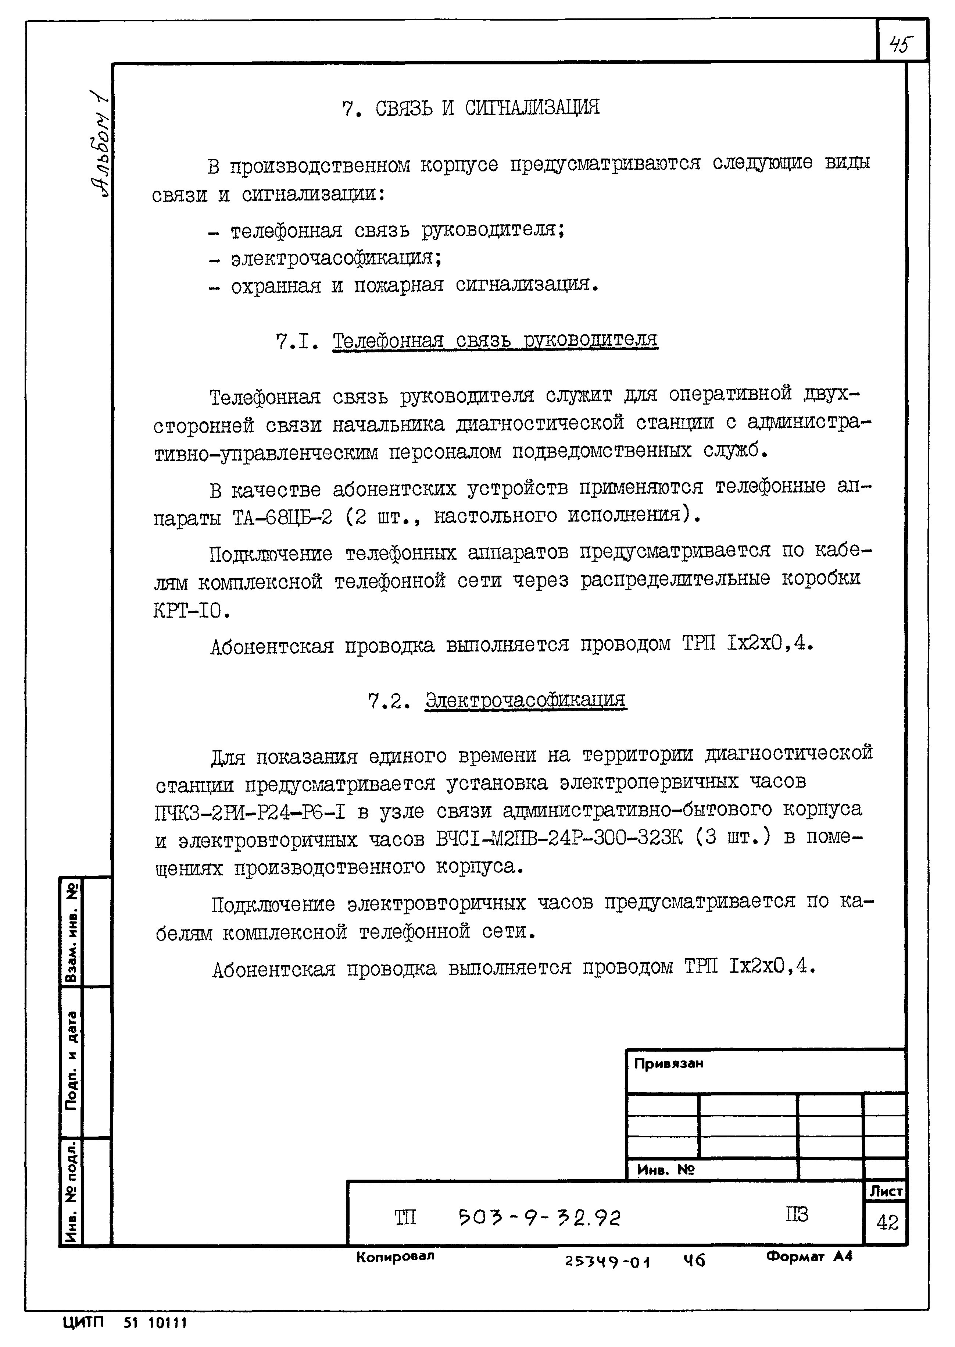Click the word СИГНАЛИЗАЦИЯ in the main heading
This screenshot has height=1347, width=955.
pos(532,108)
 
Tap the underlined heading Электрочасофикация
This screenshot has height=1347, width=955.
pos(525,700)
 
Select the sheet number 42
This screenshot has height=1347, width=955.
pos(887,1223)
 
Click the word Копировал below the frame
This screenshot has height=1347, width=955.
pos(395,1257)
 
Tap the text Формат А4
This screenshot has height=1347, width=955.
pos(809,1257)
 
